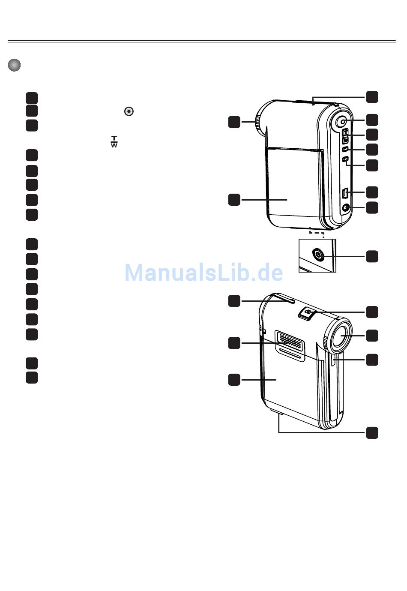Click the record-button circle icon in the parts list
(x=129, y=111)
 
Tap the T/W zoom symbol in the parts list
(x=114, y=142)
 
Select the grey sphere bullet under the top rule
(x=14, y=65)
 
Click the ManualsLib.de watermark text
(x=203, y=273)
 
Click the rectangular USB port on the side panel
(x=345, y=193)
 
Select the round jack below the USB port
(x=346, y=208)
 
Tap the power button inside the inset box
(x=318, y=255)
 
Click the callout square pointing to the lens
(x=372, y=335)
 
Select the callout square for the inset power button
(x=372, y=256)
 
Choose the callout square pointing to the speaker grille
(x=234, y=343)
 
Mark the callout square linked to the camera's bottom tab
(x=372, y=433)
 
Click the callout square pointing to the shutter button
(x=372, y=312)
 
